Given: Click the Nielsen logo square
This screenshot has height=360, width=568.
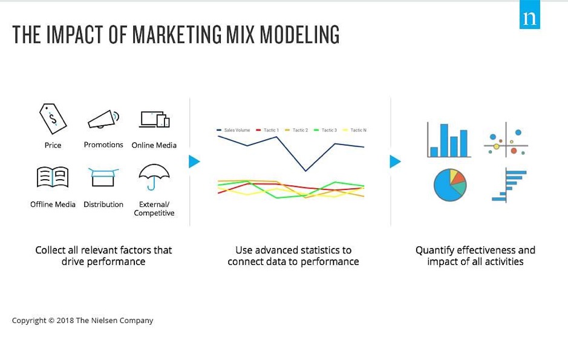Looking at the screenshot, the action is pyautogui.click(x=530, y=15).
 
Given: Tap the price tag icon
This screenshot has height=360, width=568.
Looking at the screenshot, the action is pyautogui.click(x=53, y=119).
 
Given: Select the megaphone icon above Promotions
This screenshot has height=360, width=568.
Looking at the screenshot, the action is pyautogui.click(x=103, y=119).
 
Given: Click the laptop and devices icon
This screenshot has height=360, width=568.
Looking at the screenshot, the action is pyautogui.click(x=154, y=120).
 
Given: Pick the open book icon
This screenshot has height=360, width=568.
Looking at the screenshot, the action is pyautogui.click(x=53, y=177).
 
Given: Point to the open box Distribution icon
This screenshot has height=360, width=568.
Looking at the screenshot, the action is pyautogui.click(x=103, y=177).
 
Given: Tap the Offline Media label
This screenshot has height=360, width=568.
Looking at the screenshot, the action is pyautogui.click(x=53, y=205).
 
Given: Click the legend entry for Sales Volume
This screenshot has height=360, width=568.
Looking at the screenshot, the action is pyautogui.click(x=233, y=130).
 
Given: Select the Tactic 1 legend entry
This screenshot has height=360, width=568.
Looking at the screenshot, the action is pyautogui.click(x=267, y=130).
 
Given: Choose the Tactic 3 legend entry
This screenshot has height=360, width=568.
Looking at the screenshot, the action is pyautogui.click(x=325, y=130).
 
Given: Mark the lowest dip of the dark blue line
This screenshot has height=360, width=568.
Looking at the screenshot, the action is pyautogui.click(x=305, y=171).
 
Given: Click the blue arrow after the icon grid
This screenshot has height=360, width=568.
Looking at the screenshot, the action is pyautogui.click(x=194, y=162).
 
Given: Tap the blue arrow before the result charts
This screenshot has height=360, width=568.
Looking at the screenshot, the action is pyautogui.click(x=395, y=162).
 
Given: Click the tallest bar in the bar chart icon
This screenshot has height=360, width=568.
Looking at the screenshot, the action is pyautogui.click(x=444, y=140).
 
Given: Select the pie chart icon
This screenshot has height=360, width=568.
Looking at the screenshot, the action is pyautogui.click(x=450, y=185).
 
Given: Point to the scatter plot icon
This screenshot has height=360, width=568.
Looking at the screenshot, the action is pyautogui.click(x=506, y=140).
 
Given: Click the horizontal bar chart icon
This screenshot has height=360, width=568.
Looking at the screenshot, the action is pyautogui.click(x=509, y=185).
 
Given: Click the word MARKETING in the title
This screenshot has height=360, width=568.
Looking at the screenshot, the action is pyautogui.click(x=177, y=34).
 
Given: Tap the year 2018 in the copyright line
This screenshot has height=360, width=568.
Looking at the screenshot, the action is pyautogui.click(x=65, y=321).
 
